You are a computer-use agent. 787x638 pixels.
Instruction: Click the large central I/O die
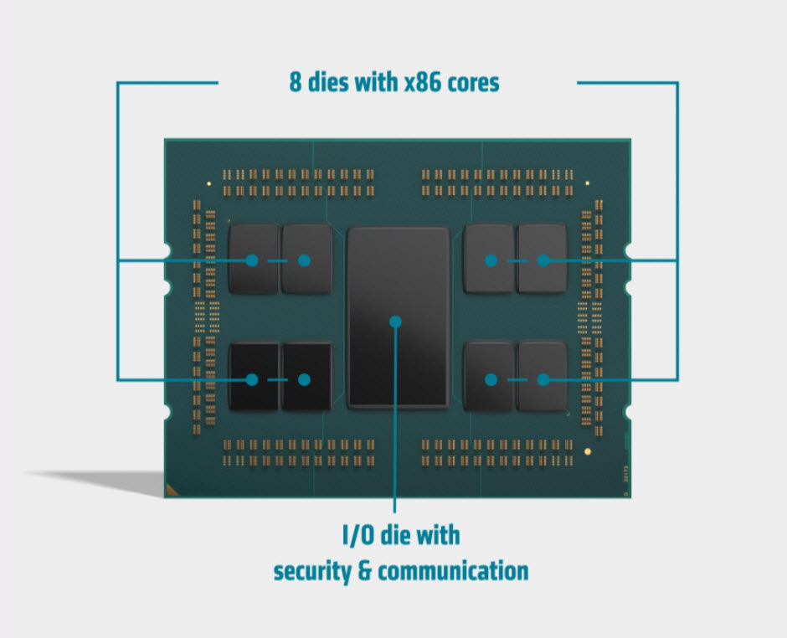click(x=398, y=276)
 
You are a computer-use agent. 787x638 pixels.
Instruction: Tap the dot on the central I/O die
click(x=396, y=321)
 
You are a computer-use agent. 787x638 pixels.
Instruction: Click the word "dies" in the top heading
click(x=330, y=83)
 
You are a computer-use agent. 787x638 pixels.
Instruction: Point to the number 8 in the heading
click(x=296, y=83)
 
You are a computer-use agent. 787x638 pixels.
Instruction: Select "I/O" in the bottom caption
click(x=359, y=534)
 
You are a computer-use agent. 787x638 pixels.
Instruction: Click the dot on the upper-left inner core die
click(x=304, y=260)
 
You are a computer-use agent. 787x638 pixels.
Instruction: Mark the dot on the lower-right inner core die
click(x=491, y=379)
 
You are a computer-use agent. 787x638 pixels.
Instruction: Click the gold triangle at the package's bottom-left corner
click(x=172, y=489)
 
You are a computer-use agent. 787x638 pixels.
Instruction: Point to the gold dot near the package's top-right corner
click(x=587, y=183)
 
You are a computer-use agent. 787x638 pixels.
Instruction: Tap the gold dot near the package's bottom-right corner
click(x=587, y=451)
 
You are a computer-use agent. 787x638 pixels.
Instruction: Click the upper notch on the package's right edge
click(x=628, y=252)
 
